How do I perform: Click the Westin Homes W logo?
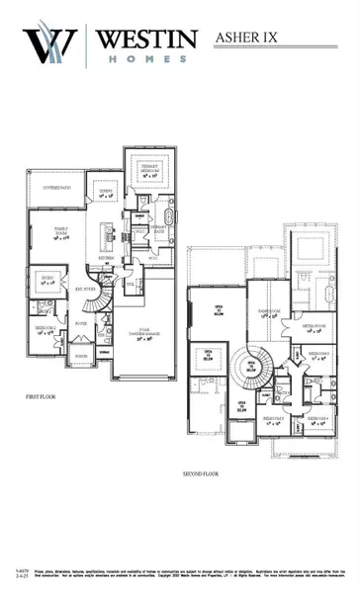coord(49,44)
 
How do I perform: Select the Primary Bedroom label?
coord(149,174)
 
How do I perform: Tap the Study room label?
coord(46,282)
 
